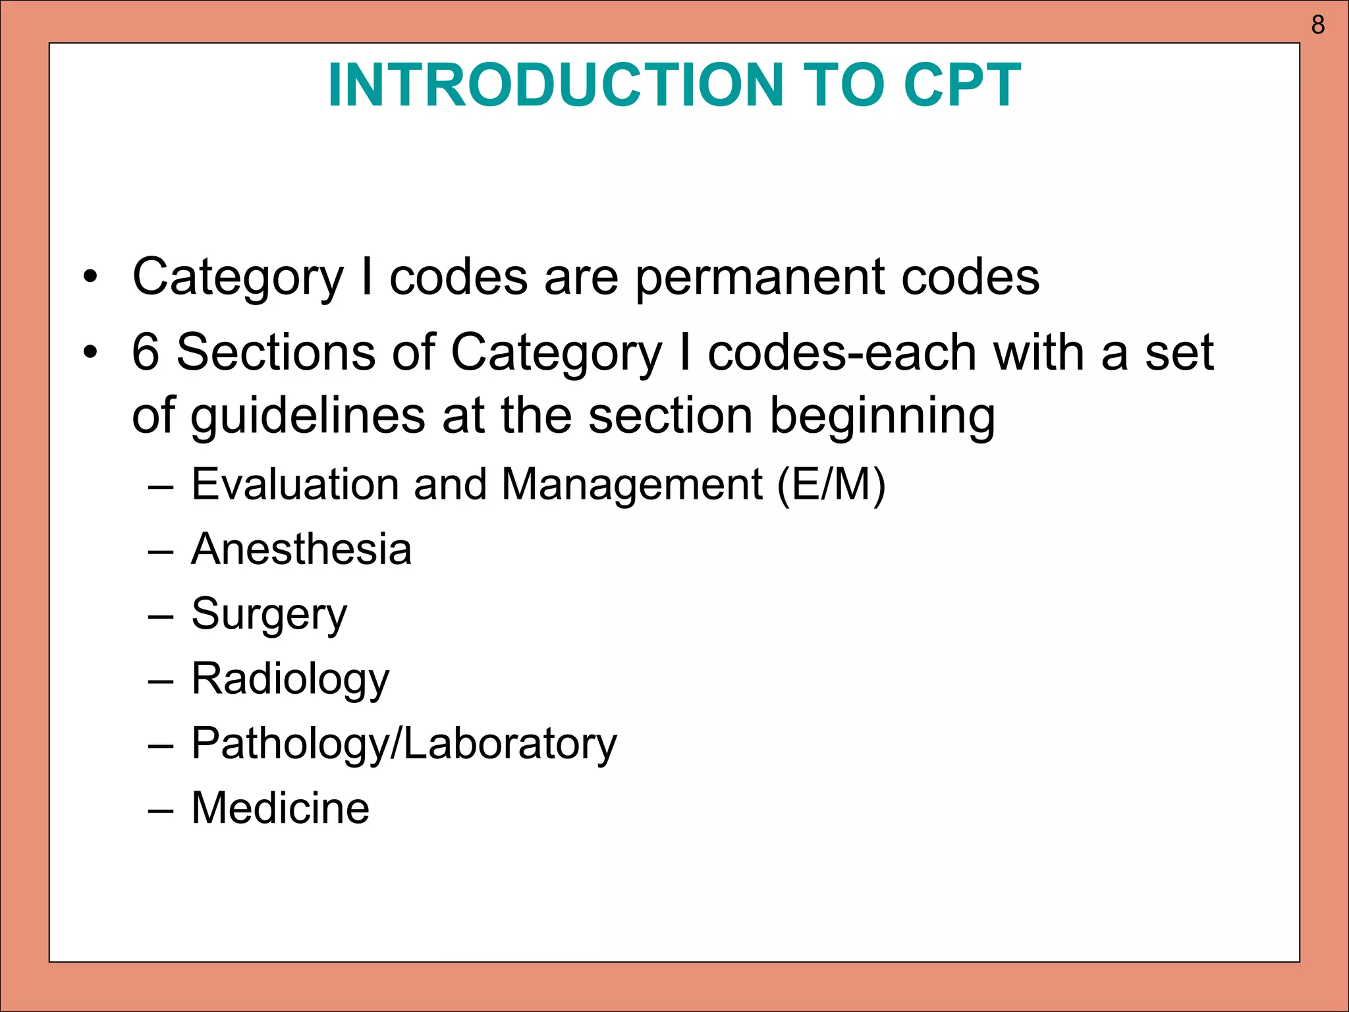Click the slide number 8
pos(1317,25)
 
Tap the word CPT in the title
pos(962,86)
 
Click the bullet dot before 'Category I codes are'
pos(90,277)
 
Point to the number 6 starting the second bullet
pos(146,352)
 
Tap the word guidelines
pos(308,416)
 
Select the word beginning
pos(882,416)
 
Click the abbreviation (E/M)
pos(831,485)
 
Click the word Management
pos(632,485)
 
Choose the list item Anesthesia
pos(301,549)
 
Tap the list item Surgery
pos(269,615)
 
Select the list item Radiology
pos(290,679)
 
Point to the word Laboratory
pos(510,745)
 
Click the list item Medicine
pos(280,808)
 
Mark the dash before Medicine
pos(161,810)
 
